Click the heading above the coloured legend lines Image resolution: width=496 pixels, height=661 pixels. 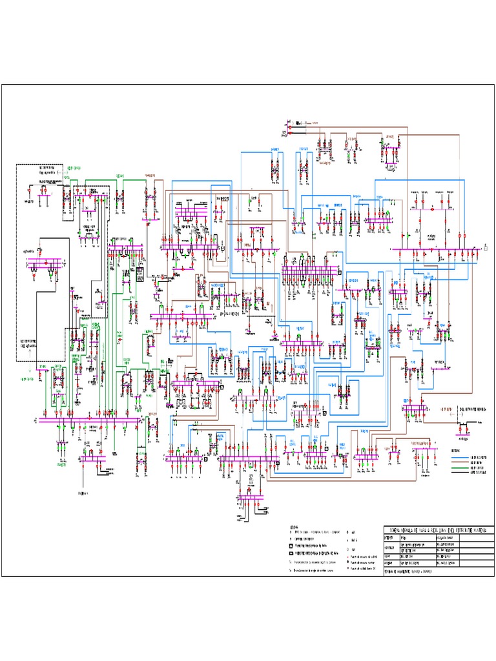click(456, 451)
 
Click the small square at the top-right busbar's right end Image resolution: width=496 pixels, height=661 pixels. click(486, 247)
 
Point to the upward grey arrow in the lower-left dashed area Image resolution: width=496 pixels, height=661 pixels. click(30, 352)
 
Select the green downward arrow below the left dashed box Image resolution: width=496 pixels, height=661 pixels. click(30, 371)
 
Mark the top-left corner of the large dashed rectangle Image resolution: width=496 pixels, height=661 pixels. click(16, 164)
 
